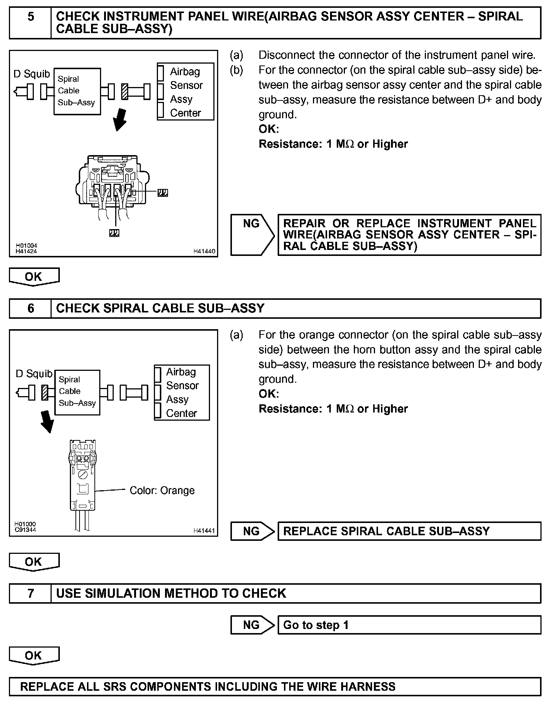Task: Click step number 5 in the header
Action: (x=30, y=17)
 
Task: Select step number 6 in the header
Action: (x=30, y=308)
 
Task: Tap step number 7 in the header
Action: (x=30, y=593)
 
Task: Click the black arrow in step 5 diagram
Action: (x=120, y=120)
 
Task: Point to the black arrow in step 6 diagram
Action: (x=48, y=422)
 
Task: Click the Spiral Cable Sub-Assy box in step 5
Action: (x=77, y=91)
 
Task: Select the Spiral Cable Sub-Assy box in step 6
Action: (x=77, y=392)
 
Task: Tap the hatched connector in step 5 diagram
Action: (x=125, y=92)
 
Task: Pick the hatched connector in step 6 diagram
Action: (x=45, y=392)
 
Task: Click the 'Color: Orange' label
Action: (x=162, y=491)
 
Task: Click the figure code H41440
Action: (x=204, y=251)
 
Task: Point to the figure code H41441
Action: (x=204, y=531)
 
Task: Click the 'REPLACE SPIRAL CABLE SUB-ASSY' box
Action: (x=409, y=531)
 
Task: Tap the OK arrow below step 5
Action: (x=34, y=277)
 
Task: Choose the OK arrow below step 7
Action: (x=34, y=656)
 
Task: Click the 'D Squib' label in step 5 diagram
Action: (x=32, y=74)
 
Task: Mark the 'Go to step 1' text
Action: (x=316, y=625)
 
